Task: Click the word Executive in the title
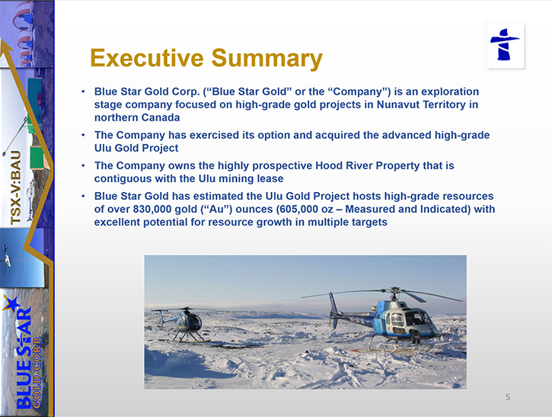point(147,58)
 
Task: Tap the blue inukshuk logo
point(505,45)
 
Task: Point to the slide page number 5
point(508,397)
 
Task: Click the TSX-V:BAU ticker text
point(16,188)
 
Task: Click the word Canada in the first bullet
point(160,117)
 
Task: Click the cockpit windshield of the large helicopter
point(416,318)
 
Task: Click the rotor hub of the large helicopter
point(395,290)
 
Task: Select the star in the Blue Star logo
point(11,304)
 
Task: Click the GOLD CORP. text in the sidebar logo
point(37,373)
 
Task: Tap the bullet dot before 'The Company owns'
point(84,165)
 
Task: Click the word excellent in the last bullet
point(118,222)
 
